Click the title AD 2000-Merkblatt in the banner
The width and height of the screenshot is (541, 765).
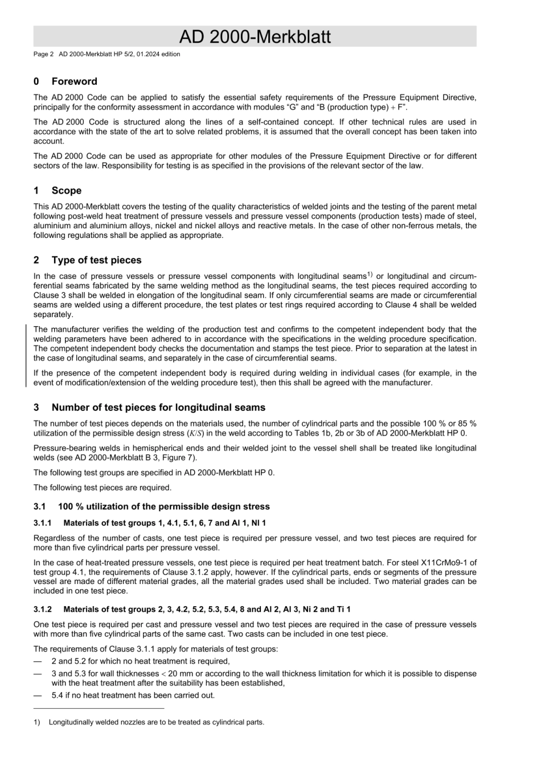(255, 37)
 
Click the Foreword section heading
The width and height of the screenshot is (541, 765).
(74, 81)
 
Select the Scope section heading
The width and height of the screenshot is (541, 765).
(66, 191)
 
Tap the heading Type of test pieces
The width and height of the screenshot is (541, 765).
(96, 260)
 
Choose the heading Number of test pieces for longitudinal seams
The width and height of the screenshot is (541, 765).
(158, 408)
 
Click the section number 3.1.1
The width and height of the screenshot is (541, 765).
(43, 523)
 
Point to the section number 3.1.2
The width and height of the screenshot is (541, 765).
(43, 610)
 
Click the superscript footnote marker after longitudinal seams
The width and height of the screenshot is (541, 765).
(370, 274)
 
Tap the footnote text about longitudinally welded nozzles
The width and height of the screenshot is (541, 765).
(156, 722)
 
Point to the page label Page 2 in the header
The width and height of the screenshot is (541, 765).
(43, 55)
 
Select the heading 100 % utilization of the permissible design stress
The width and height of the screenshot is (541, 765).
(164, 507)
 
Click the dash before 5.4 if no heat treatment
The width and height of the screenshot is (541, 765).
(38, 695)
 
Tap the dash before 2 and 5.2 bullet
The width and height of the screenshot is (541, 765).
(38, 661)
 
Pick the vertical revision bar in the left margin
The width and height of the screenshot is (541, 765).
(26, 356)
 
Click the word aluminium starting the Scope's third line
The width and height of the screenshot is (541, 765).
(51, 226)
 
